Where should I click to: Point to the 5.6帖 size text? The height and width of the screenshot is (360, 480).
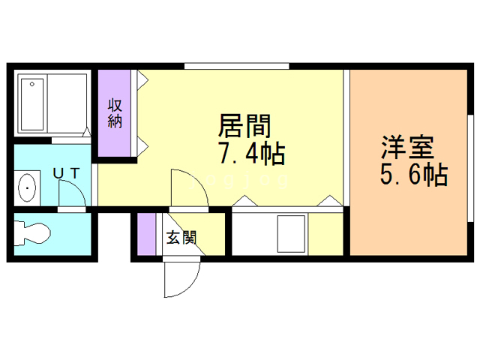(x=413, y=175)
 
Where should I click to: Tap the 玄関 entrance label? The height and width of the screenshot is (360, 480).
(x=181, y=238)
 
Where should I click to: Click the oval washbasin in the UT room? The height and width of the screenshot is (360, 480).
(x=28, y=187)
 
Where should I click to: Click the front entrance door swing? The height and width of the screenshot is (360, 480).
(x=181, y=277)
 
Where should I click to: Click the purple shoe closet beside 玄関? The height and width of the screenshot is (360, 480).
(x=146, y=235)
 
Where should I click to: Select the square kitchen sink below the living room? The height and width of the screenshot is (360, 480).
(x=291, y=234)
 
